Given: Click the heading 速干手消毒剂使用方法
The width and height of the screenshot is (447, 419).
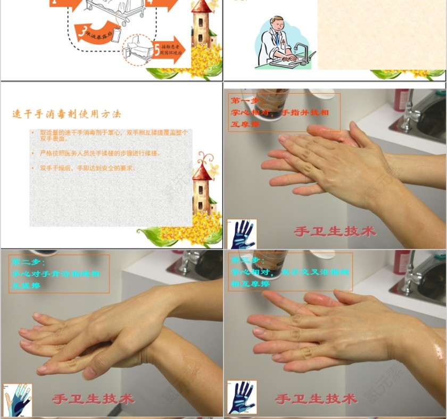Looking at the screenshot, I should coord(67,114).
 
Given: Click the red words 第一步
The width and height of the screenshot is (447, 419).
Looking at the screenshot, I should coord(244,100).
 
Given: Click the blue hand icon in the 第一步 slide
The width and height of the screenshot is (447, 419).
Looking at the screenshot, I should coord(242,234).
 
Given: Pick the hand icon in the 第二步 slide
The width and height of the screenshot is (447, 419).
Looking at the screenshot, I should coord(17,399).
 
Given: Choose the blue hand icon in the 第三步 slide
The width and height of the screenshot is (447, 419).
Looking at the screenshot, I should coord(242,397).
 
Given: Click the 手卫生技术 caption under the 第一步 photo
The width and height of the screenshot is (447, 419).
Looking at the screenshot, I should coord(335,231).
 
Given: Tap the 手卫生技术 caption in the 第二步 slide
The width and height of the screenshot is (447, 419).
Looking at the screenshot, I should coord(93,398).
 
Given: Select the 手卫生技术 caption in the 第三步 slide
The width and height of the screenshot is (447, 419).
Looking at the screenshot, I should coord(316,398).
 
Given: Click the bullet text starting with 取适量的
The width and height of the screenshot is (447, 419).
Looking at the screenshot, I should coord(112,135).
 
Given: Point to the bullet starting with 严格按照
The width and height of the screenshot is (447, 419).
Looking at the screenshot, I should coord(99,153).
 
